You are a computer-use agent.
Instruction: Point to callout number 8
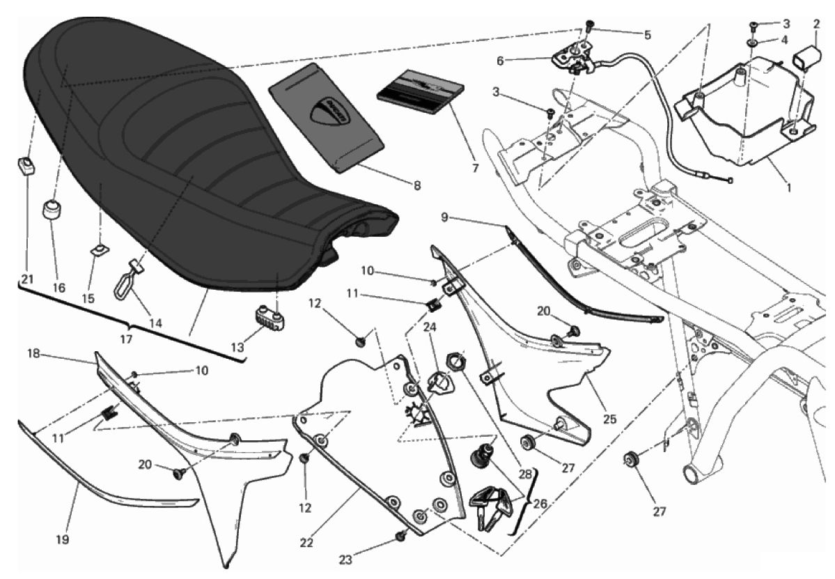click(417, 186)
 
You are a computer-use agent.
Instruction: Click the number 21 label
click(27, 279)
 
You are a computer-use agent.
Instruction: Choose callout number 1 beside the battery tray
click(788, 188)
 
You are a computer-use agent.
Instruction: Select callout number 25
click(609, 420)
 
